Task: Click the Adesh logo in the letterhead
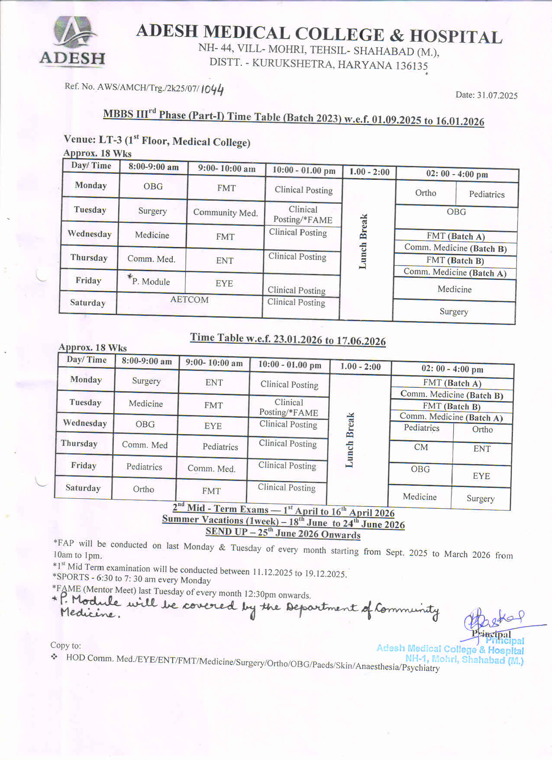click(x=73, y=41)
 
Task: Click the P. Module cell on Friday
click(x=150, y=281)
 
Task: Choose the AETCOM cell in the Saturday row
click(x=189, y=300)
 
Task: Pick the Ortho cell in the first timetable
click(x=426, y=193)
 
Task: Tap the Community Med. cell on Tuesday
click(x=225, y=212)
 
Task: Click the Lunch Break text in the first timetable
click(x=363, y=241)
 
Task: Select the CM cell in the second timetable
click(x=421, y=447)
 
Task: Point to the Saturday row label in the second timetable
click(x=83, y=488)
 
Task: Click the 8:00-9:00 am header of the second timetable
click(x=146, y=361)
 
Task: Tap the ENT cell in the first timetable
click(x=225, y=260)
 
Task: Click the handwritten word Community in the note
click(x=407, y=610)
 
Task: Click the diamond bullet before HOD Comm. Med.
click(x=54, y=657)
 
